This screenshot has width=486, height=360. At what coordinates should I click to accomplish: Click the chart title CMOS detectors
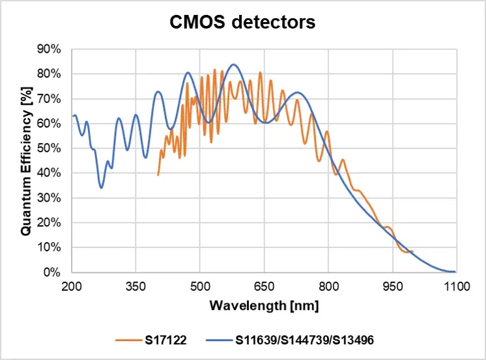242,23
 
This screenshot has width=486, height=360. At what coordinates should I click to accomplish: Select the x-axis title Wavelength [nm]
264,304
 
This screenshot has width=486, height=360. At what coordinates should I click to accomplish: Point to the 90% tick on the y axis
50,49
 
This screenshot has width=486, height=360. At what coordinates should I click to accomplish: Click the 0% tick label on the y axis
53,272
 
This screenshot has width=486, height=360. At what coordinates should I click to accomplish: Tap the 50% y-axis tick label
50,148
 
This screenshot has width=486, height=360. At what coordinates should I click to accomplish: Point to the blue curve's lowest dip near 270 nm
101,188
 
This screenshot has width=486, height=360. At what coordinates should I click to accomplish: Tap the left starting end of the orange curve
158,174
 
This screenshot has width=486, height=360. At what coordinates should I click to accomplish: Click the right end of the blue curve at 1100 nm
455,271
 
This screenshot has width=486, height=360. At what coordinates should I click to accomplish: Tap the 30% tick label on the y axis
50,198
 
